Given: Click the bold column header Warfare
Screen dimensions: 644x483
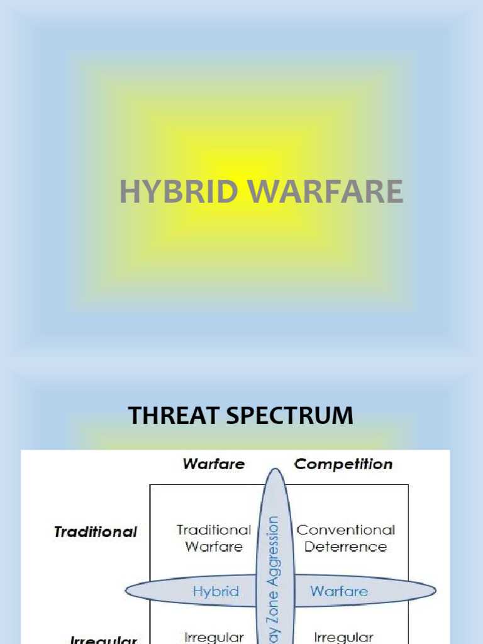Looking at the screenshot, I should pos(213,464).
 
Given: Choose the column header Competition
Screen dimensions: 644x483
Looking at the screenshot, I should pos(343,464).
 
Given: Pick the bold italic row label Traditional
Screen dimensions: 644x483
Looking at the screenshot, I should pos(96,532).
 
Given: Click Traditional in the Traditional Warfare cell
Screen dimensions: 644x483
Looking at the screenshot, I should pos(214,530).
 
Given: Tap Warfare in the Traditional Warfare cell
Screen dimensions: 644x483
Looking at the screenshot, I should pos(214,547).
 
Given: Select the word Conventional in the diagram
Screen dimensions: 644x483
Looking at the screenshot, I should pos(346,530).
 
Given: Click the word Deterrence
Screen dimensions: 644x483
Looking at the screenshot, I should pos(346,547).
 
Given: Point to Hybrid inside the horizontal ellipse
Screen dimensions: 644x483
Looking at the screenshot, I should pos(216,591).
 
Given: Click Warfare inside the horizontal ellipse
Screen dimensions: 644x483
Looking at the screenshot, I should pos(339,591).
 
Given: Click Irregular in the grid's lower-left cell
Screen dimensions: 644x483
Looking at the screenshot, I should pos(214,637).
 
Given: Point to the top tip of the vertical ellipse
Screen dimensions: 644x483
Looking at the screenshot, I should pos(274,469).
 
